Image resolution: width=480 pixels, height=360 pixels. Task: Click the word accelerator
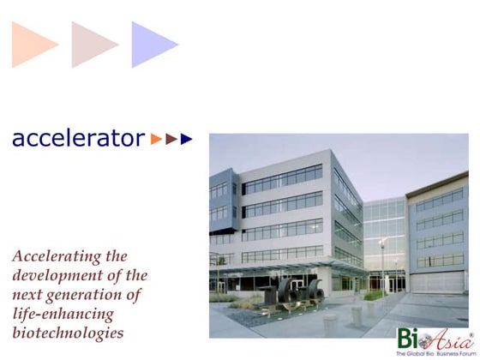(x=77, y=138)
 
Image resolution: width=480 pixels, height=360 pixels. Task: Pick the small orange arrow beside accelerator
(x=156, y=138)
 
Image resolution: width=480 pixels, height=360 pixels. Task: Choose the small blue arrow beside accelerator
(x=187, y=138)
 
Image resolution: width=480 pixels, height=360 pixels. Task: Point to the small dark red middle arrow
(x=171, y=138)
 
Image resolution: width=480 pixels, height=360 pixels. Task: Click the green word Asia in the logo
(x=440, y=337)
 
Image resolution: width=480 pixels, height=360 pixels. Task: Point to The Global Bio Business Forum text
(x=433, y=352)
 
